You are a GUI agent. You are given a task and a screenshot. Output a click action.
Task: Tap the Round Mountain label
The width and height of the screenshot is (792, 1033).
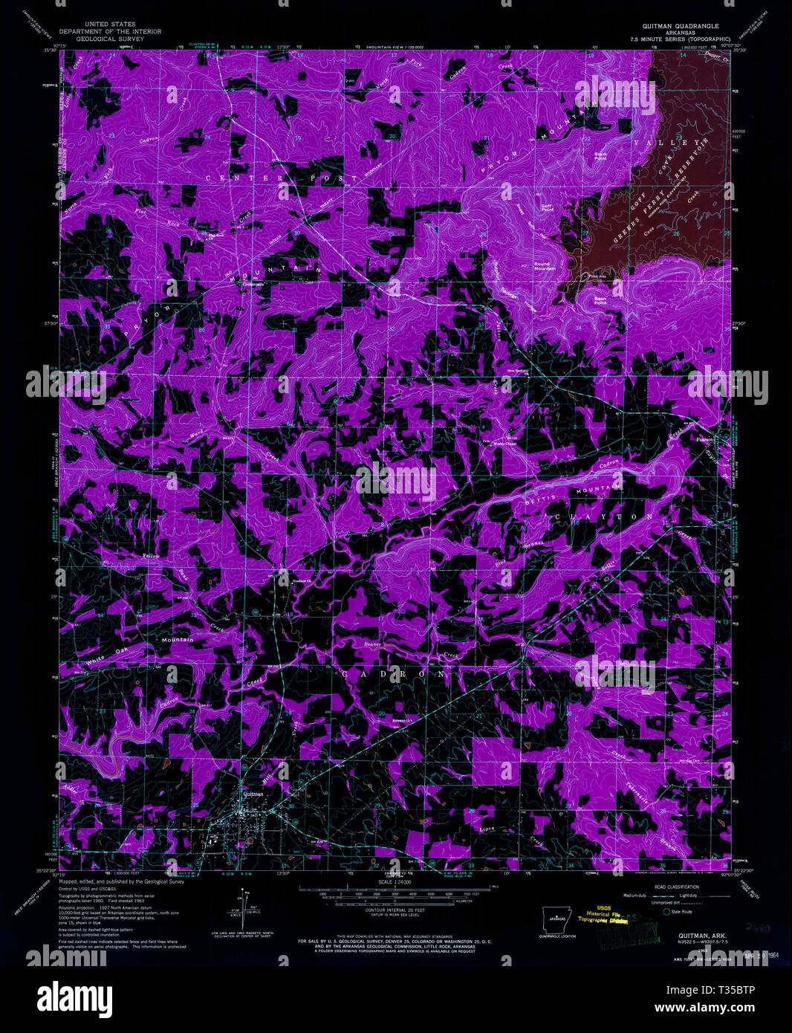pos(542,266)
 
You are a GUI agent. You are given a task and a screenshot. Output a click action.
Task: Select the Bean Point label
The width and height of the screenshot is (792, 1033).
pos(600,301)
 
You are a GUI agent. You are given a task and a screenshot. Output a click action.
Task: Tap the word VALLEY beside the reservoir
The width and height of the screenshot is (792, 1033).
pos(666,142)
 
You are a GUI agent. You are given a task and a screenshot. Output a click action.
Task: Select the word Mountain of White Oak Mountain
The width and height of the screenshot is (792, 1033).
pos(178,640)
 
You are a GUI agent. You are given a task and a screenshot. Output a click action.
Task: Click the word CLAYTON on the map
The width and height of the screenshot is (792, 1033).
pos(604,516)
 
